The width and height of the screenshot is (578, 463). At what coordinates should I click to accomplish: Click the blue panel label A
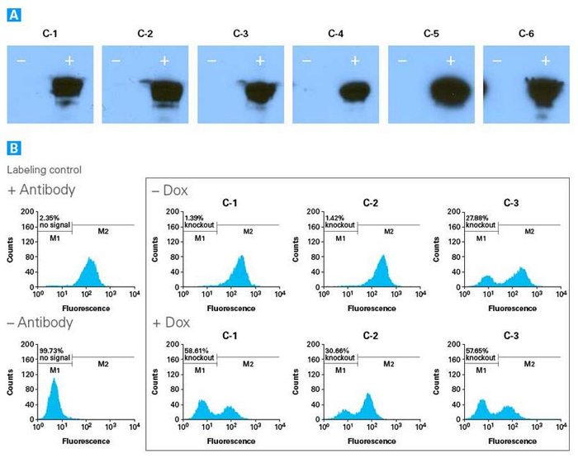click(x=13, y=14)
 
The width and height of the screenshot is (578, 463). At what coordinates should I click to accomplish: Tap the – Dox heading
click(x=169, y=191)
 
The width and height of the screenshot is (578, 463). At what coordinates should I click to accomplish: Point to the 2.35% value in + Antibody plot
click(x=48, y=217)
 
